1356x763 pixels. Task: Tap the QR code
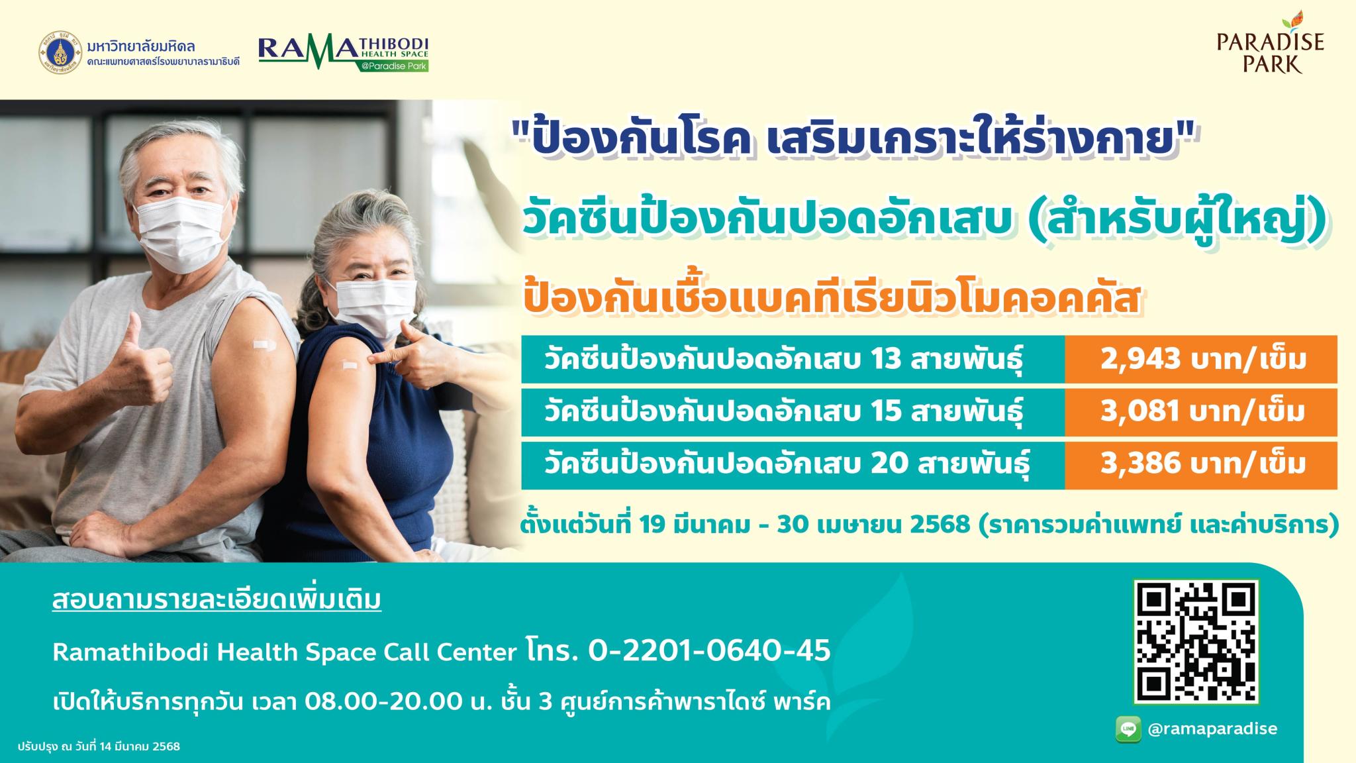pos(1196,642)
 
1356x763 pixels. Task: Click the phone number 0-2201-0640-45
pos(709,651)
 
